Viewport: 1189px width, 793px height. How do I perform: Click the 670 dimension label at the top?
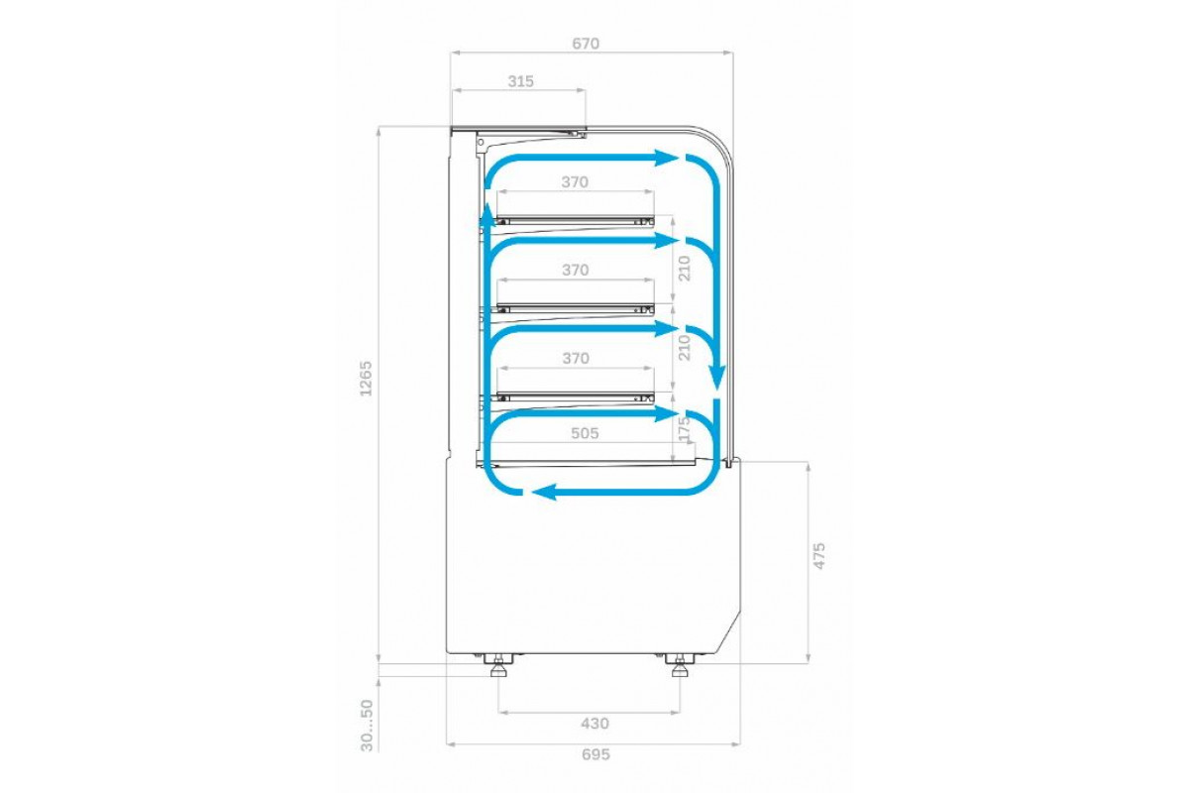click(x=586, y=43)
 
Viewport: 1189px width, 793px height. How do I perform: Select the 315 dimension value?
click(x=521, y=81)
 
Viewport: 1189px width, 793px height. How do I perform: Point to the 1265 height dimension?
click(x=367, y=379)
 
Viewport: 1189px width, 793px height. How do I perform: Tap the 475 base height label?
click(x=819, y=555)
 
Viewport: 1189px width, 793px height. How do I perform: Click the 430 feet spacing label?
click(x=594, y=723)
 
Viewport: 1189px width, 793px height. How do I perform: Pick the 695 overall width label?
click(x=595, y=754)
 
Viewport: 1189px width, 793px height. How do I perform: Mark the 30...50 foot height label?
click(x=367, y=725)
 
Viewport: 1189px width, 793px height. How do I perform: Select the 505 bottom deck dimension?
click(x=585, y=433)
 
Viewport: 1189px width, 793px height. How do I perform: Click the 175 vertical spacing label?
click(x=685, y=429)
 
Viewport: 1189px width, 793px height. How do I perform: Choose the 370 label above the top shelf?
click(x=575, y=182)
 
